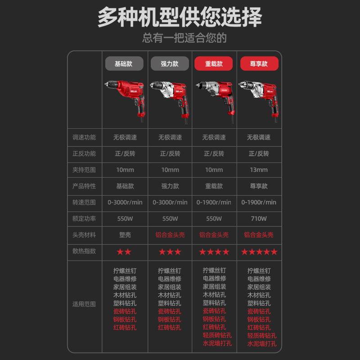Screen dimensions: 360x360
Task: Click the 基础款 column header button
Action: pos(124,63)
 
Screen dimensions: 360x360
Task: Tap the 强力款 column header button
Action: pos(169,63)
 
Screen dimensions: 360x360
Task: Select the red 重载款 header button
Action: pos(214,63)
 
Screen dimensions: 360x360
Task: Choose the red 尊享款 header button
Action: pos(259,63)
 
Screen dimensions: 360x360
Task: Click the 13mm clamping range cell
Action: pos(259,170)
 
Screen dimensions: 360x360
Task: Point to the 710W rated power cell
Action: pos(259,219)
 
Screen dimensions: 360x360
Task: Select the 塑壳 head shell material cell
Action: pos(125,235)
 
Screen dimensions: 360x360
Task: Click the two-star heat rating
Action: pos(124,252)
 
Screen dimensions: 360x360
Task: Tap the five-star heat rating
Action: pos(259,252)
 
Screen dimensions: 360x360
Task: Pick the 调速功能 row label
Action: pos(84,137)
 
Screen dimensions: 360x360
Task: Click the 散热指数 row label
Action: pos(84,251)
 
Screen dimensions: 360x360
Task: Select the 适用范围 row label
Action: pos(84,304)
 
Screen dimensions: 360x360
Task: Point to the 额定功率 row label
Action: pos(84,219)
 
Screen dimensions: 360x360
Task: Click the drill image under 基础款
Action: pos(125,99)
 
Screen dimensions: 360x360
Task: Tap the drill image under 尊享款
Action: pos(258,99)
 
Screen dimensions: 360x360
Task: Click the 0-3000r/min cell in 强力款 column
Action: pos(170,202)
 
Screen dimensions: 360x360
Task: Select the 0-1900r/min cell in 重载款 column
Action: pos(214,202)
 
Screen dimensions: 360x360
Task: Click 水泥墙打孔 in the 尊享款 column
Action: pos(262,344)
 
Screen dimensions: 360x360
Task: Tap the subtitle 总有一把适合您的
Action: pos(184,38)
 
